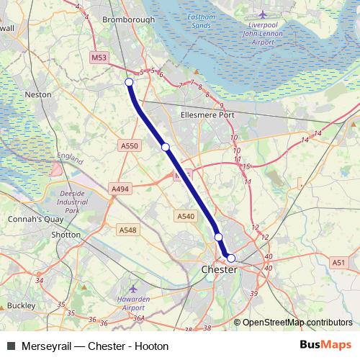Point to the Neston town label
pyautogui.click(x=37, y=94)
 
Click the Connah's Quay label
pyautogui.click(x=28, y=218)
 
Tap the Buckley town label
pyautogui.click(x=21, y=305)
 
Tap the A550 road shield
pyautogui.click(x=129, y=146)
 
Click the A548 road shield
pyautogui.click(x=127, y=230)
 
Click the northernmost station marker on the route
pyautogui.click(x=130, y=82)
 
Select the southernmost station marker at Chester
pyautogui.click(x=231, y=257)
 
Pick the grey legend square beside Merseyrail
pyautogui.click(x=11, y=345)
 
